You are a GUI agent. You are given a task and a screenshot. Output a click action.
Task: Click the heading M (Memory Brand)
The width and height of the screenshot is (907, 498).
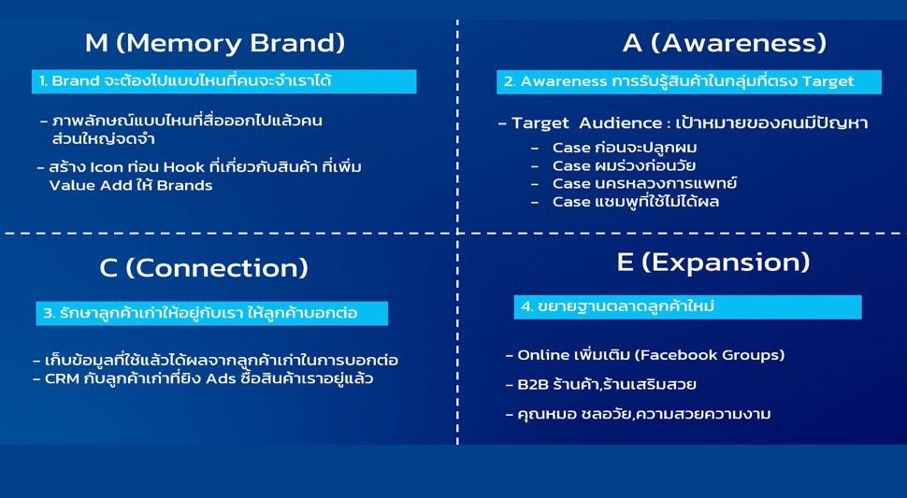point(215,43)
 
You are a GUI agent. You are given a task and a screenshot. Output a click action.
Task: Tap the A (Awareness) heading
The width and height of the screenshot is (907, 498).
point(725,43)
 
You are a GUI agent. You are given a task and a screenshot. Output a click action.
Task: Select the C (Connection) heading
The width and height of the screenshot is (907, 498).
point(204,268)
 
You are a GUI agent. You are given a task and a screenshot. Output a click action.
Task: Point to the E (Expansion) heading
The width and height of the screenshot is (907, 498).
point(713,263)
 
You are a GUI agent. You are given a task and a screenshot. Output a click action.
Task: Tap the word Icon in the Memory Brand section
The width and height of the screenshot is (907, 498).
point(107,167)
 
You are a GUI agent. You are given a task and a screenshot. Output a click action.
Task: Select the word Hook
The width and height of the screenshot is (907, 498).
point(184,167)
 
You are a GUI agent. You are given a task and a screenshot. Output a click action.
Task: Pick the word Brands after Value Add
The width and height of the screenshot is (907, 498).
point(184,185)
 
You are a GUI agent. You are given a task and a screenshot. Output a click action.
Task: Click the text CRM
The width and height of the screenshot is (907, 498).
point(62,379)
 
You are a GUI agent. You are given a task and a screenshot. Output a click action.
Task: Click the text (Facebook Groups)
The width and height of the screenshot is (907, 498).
point(709,355)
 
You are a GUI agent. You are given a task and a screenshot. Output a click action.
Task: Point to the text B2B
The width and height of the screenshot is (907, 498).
point(532,385)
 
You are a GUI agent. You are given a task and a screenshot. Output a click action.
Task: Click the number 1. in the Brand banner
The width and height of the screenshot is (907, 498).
point(43,81)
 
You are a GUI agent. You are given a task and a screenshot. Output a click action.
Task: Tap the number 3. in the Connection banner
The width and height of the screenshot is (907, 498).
point(50,314)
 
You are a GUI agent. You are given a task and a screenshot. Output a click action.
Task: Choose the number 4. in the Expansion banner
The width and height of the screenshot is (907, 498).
point(527,306)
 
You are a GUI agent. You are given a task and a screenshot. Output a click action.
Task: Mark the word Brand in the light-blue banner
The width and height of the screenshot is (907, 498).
point(75,81)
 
